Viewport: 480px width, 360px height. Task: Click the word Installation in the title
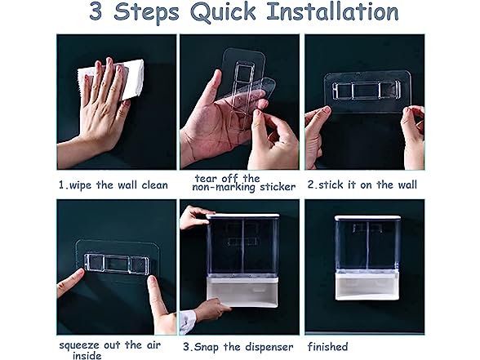[333, 11]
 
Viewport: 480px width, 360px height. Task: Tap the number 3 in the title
[96, 11]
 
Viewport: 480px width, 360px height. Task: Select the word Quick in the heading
[223, 12]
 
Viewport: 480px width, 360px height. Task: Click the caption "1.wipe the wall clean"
[113, 185]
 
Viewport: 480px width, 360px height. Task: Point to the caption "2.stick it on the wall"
[362, 184]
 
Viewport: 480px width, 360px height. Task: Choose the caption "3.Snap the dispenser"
[238, 347]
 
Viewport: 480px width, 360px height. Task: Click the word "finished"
[328, 346]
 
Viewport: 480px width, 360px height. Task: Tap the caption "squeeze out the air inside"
[109, 350]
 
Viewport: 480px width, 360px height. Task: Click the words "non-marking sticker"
[243, 187]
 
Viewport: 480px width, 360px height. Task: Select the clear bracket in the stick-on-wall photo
[367, 91]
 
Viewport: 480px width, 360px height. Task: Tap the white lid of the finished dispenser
[367, 218]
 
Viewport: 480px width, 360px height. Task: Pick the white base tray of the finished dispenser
[367, 287]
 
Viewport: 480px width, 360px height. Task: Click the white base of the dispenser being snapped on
[242, 291]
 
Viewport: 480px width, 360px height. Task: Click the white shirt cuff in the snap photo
[187, 322]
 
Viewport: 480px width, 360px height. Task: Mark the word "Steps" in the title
[146, 12]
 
